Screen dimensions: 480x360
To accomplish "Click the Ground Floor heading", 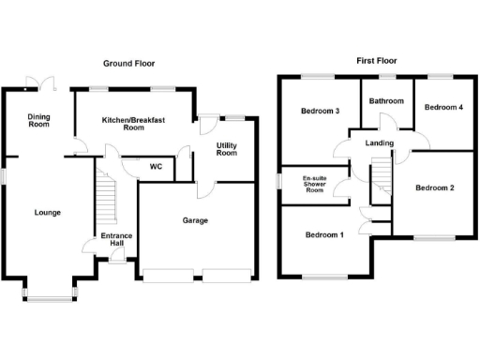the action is point(129,64).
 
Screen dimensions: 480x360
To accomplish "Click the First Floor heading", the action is point(377,60).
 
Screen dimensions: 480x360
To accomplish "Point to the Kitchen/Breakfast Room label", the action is point(134,124).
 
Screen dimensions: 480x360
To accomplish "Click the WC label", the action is point(157,167).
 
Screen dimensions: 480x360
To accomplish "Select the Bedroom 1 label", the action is point(324,235).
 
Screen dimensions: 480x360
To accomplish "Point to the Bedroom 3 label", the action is point(320,112).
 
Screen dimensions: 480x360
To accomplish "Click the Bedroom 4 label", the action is point(443,108).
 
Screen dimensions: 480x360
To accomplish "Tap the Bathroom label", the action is point(385,101).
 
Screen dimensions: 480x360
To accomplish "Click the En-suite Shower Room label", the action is point(313,182).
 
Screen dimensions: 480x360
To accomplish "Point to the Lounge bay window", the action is point(50,296).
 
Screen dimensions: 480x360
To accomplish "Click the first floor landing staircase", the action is point(381,176).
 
